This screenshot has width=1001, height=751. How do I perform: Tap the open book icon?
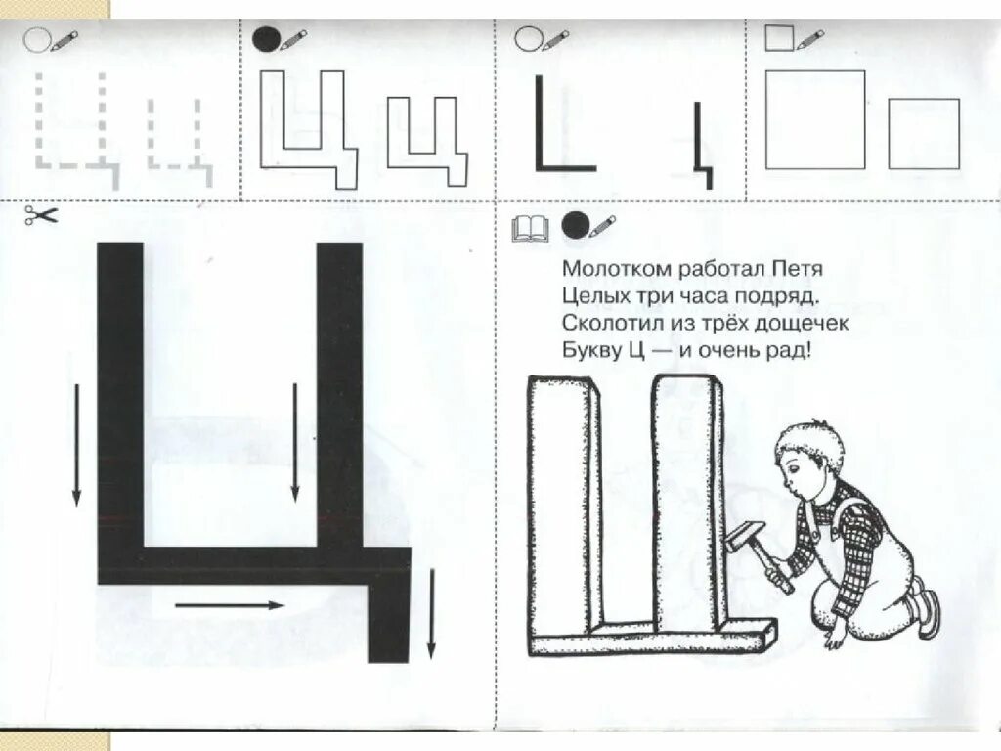tap(531, 229)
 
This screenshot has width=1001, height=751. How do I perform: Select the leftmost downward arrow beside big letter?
tap(75, 445)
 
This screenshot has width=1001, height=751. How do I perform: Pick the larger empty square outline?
tap(815, 119)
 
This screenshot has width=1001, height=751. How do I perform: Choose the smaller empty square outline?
tap(924, 133)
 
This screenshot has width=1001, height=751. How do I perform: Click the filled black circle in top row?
tap(265, 39)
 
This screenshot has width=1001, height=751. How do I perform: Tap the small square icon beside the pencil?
tap(778, 38)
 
